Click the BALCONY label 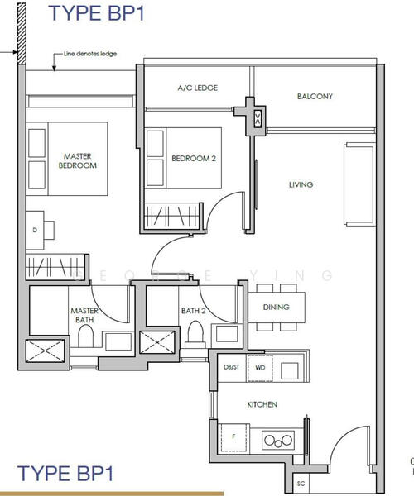click(315, 96)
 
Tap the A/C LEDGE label click(198, 88)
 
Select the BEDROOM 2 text click(194, 158)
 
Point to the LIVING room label click(301, 184)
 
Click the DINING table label click(277, 307)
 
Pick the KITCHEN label click(262, 404)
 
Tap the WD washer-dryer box click(260, 368)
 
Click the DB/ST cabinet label click(232, 367)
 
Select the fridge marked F click(233, 437)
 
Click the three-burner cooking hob click(278, 440)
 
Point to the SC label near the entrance click(301, 484)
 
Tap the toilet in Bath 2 click(195, 335)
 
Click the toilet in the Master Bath click(85, 336)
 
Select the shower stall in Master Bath click(45, 351)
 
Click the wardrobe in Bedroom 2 click(171, 216)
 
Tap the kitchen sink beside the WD click(290, 370)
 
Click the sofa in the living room click(359, 184)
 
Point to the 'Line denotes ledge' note click(90, 54)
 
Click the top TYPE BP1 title click(96, 13)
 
